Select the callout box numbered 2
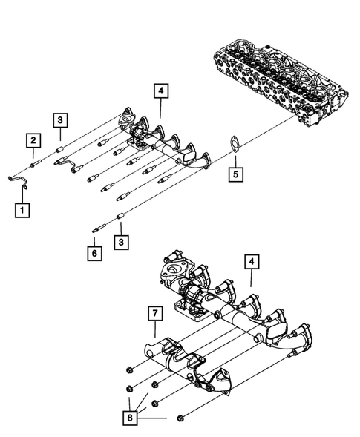click(x=33, y=139)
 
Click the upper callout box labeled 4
click(x=161, y=92)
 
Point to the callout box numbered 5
click(x=235, y=176)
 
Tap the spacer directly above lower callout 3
click(x=120, y=220)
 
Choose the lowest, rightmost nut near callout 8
click(x=183, y=421)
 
